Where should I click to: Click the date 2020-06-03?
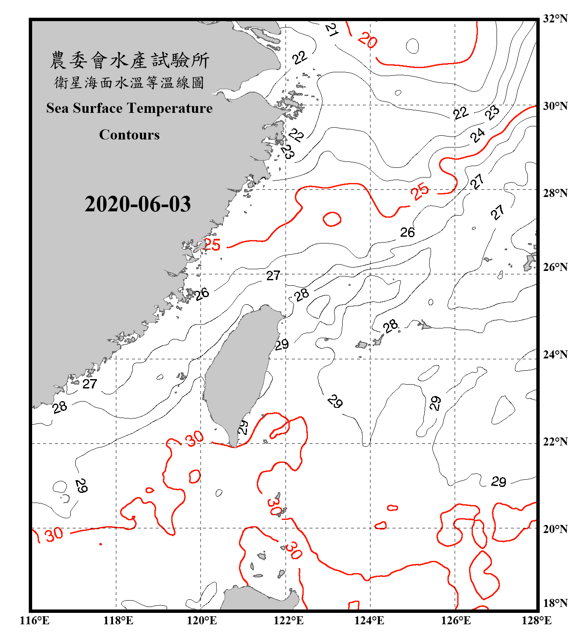tap(137, 204)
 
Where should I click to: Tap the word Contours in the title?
tap(129, 135)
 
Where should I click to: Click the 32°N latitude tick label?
tap(555, 19)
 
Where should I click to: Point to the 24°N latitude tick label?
tap(555, 354)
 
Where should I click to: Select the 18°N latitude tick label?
tap(555, 603)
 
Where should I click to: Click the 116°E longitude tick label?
tap(34, 620)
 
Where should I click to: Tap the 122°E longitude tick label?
tap(288, 620)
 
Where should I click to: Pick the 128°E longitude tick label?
tap(536, 620)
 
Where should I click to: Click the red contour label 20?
tap(367, 41)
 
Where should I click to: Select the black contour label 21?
tap(332, 30)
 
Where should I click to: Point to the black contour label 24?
tap(478, 135)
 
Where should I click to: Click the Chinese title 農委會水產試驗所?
tap(129, 60)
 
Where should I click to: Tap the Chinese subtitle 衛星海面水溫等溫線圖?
tap(129, 83)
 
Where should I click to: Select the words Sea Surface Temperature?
tap(129, 109)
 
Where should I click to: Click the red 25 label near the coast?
tap(212, 245)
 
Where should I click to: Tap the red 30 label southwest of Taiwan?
tap(195, 439)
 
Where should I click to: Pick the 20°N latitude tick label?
tap(555, 529)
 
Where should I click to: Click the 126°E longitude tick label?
tap(456, 620)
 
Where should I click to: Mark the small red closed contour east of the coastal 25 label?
tap(332, 219)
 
